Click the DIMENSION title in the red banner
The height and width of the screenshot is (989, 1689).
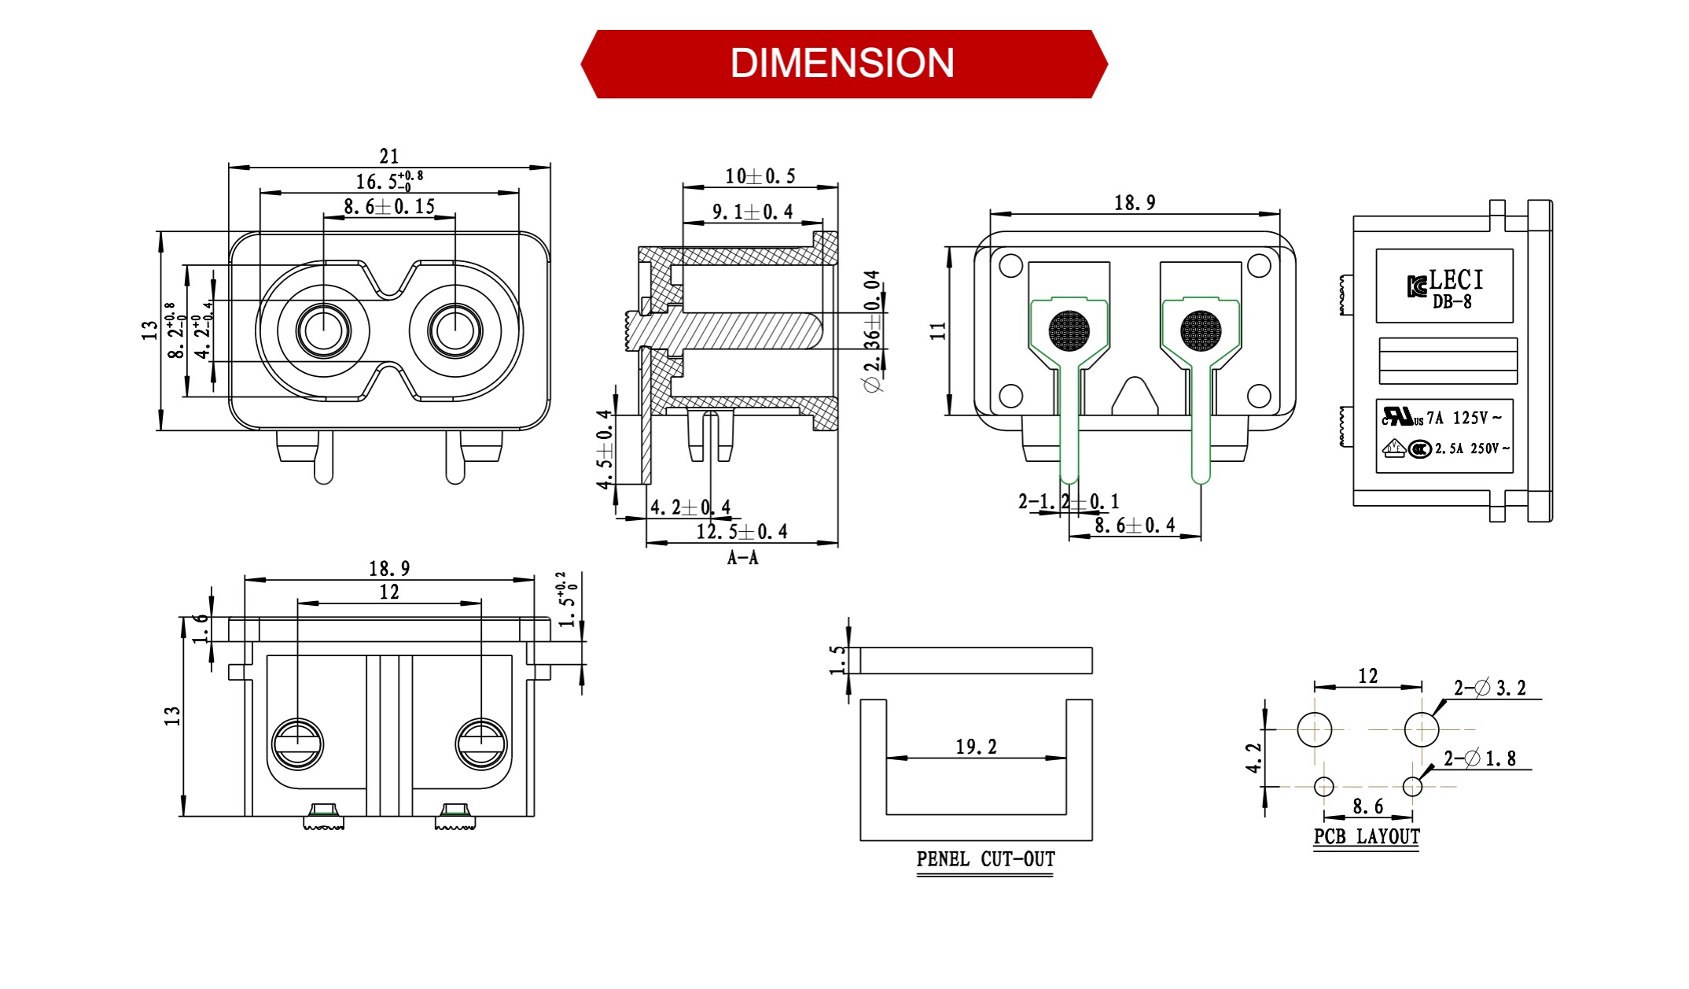pyautogui.click(x=842, y=64)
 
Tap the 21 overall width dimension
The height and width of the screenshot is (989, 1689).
pyautogui.click(x=389, y=156)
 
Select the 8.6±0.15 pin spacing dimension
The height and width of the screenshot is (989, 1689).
pyautogui.click(x=389, y=207)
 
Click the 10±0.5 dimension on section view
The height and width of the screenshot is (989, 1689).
pyautogui.click(x=760, y=176)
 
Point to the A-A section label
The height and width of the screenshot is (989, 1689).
pyautogui.click(x=742, y=558)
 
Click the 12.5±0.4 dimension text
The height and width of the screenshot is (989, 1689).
pyautogui.click(x=741, y=532)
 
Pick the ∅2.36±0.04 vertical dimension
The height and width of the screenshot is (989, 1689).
pyautogui.click(x=872, y=331)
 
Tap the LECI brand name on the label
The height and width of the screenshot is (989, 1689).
pyautogui.click(x=1455, y=280)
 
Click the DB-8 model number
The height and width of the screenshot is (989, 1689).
pyautogui.click(x=1452, y=302)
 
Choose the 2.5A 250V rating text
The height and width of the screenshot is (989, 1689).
pyautogui.click(x=1471, y=448)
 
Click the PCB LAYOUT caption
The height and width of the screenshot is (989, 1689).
pyautogui.click(x=1367, y=836)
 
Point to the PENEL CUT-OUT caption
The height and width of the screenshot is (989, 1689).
pyautogui.click(x=985, y=859)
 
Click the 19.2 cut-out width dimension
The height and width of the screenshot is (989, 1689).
pyautogui.click(x=976, y=747)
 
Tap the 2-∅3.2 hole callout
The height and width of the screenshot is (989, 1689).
pyautogui.click(x=1489, y=688)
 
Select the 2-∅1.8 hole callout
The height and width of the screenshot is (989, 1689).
pyautogui.click(x=1479, y=758)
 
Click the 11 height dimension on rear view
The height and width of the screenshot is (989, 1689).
pyautogui.click(x=938, y=330)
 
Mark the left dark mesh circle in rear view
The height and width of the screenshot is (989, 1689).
pyautogui.click(x=1069, y=330)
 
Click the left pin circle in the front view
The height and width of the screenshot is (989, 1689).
pyautogui.click(x=323, y=330)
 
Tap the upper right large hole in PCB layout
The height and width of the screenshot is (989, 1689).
pyautogui.click(x=1421, y=729)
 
